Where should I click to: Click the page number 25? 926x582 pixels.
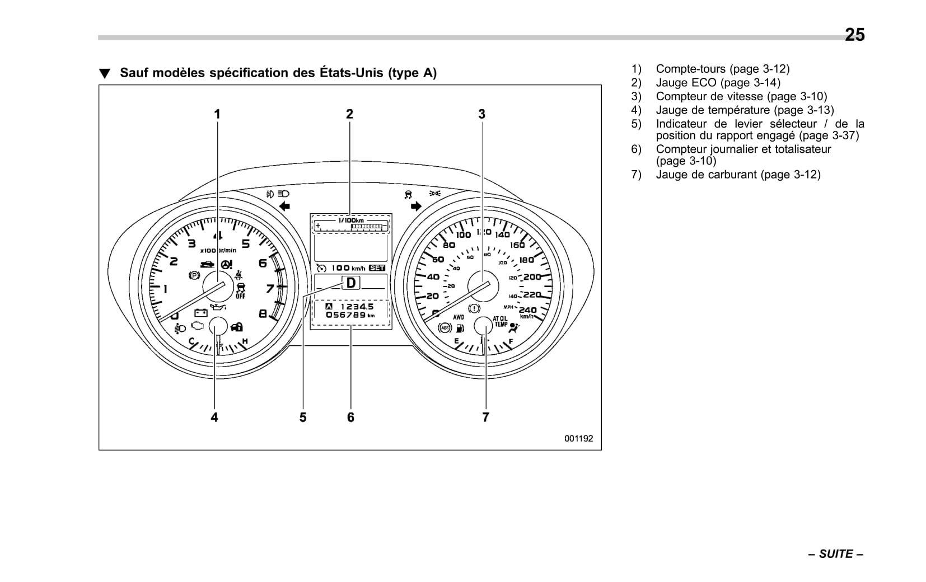pyautogui.click(x=854, y=35)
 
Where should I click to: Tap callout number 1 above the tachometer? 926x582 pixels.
pyautogui.click(x=217, y=114)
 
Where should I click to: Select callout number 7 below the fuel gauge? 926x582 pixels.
pyautogui.click(x=485, y=417)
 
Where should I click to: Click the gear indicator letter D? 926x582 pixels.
pyautogui.click(x=351, y=283)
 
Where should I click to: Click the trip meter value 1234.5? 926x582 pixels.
pyautogui.click(x=357, y=307)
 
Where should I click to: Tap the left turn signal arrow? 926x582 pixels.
pyautogui.click(x=284, y=206)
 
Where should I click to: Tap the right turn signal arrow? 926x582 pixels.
pyautogui.click(x=415, y=206)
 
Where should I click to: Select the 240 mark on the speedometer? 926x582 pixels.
pyautogui.click(x=527, y=309)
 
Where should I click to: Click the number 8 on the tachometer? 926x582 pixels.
pyautogui.click(x=263, y=314)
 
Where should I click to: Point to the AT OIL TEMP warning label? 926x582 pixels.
pyautogui.click(x=500, y=321)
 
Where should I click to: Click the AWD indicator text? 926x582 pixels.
pyautogui.click(x=459, y=317)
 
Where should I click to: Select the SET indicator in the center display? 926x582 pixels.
pyautogui.click(x=377, y=268)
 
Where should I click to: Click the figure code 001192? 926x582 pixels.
pyautogui.click(x=578, y=439)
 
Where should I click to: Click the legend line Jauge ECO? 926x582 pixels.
pyautogui.click(x=717, y=83)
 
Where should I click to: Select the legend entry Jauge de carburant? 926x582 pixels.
pyautogui.click(x=737, y=175)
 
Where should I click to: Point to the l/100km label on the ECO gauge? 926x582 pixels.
pyautogui.click(x=350, y=220)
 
